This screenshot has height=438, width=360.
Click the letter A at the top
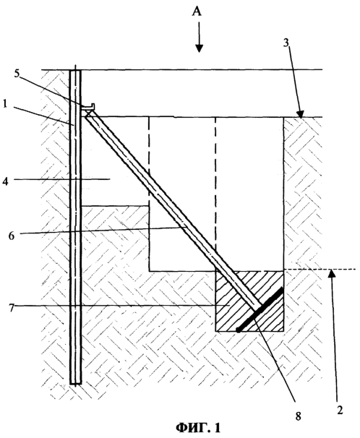pyautogui.click(x=197, y=12)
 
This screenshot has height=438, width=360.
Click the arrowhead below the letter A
pyautogui.click(x=199, y=48)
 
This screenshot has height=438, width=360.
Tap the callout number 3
pyautogui.click(x=286, y=43)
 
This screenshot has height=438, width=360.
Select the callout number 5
pyautogui.click(x=17, y=74)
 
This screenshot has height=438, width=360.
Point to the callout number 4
pyautogui.click(x=6, y=181)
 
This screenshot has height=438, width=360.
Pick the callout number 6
pyautogui.click(x=12, y=236)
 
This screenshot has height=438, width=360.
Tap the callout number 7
pyautogui.click(x=11, y=309)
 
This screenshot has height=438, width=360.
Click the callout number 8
pyautogui.click(x=298, y=416)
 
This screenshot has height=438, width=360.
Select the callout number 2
pyautogui.click(x=340, y=410)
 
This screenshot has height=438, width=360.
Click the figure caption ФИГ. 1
pyautogui.click(x=198, y=427)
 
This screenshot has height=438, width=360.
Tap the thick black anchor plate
pyautogui.click(x=260, y=309)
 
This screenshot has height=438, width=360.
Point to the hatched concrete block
pyautogui.click(x=249, y=301)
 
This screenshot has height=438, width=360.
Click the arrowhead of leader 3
pyautogui.click(x=300, y=114)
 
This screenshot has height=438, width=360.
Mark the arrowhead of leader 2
pyautogui.click(x=331, y=272)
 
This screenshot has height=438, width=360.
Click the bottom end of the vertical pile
pyautogui.click(x=75, y=383)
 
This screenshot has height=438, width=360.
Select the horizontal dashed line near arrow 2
pyautogui.click(x=320, y=270)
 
